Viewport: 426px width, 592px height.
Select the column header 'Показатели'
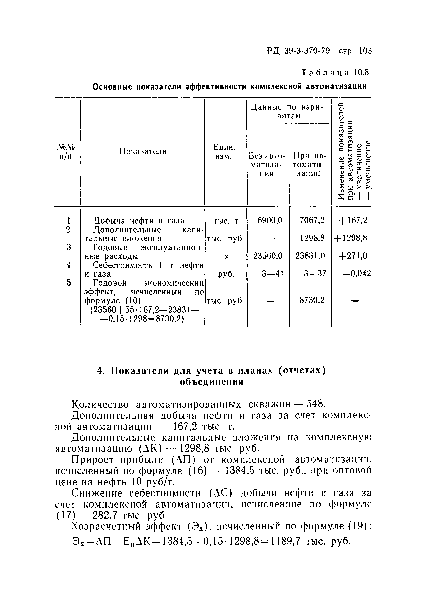[x=143, y=151]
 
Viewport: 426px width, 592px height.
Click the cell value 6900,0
[x=270, y=221]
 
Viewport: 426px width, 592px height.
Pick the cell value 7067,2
[x=312, y=221]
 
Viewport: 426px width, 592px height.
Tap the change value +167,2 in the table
[x=352, y=221]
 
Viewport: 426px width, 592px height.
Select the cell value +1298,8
[x=350, y=238]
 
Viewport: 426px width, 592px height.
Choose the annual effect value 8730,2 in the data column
[x=312, y=300]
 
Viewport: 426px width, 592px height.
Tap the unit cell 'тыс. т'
[x=226, y=221]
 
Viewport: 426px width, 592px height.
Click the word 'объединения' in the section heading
[x=212, y=382]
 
